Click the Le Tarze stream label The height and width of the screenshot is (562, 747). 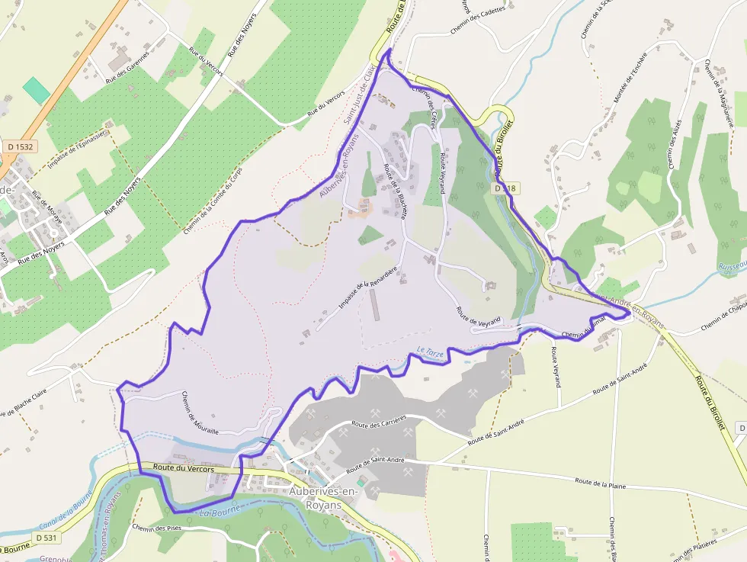pos(430,353)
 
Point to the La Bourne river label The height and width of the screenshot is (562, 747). pos(216,514)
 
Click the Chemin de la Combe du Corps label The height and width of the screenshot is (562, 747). pos(212,200)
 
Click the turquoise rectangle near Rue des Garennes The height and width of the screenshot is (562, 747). pos(36,90)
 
